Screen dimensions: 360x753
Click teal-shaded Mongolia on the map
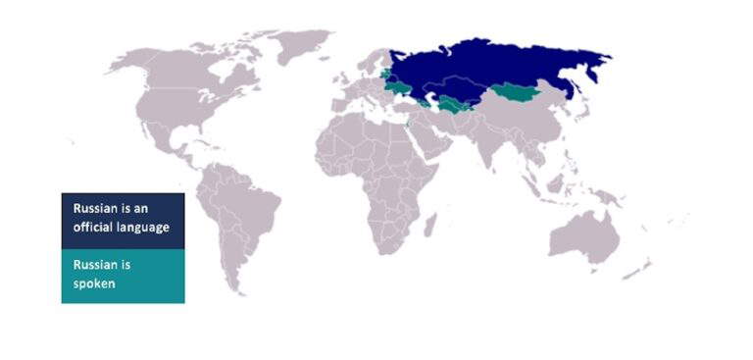point(517,94)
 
